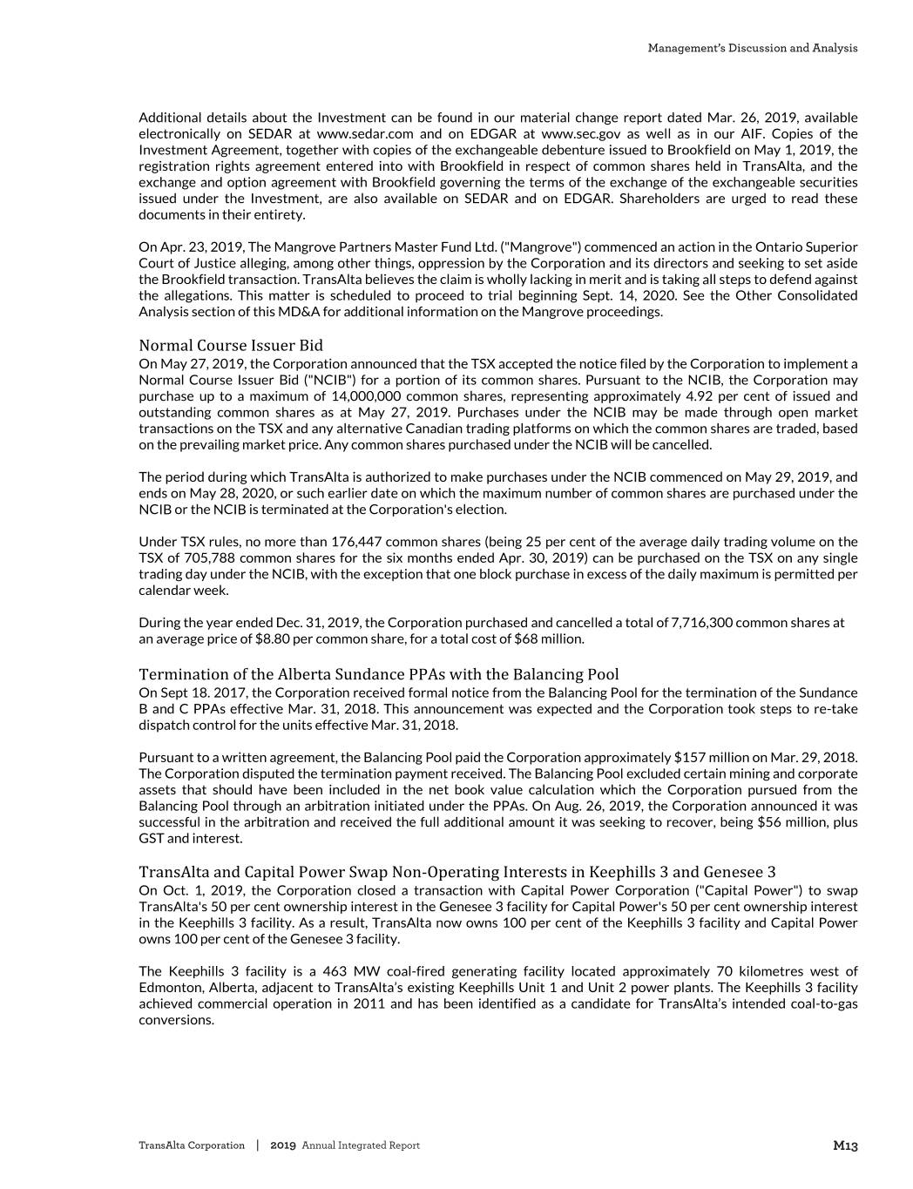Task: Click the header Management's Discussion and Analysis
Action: tap(752, 48)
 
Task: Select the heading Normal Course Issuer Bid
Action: tap(230, 346)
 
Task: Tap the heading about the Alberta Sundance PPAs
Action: tap(379, 675)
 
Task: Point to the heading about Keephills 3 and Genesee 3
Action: tap(456, 873)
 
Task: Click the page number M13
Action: tap(845, 1146)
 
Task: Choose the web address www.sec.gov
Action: tap(580, 134)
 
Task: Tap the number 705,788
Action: tap(208, 558)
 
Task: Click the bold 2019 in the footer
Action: tap(284, 1146)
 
